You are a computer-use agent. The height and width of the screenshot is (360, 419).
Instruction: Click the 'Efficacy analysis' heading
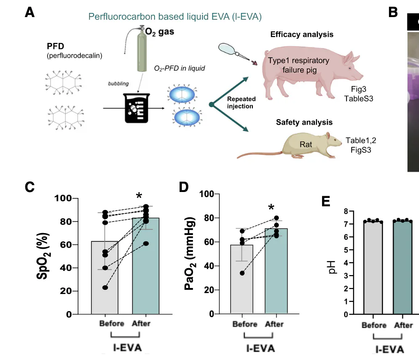click(x=302, y=35)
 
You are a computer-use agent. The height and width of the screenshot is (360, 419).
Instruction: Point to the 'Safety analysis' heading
click(x=304, y=122)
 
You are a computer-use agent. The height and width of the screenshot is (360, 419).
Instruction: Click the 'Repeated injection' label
click(x=240, y=103)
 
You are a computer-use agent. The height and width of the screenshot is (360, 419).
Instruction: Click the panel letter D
click(x=184, y=187)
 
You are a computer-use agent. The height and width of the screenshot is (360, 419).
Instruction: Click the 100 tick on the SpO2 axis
click(x=61, y=198)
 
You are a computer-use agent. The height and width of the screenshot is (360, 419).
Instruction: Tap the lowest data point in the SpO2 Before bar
click(x=105, y=288)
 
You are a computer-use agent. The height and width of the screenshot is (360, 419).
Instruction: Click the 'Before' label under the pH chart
click(x=373, y=325)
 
